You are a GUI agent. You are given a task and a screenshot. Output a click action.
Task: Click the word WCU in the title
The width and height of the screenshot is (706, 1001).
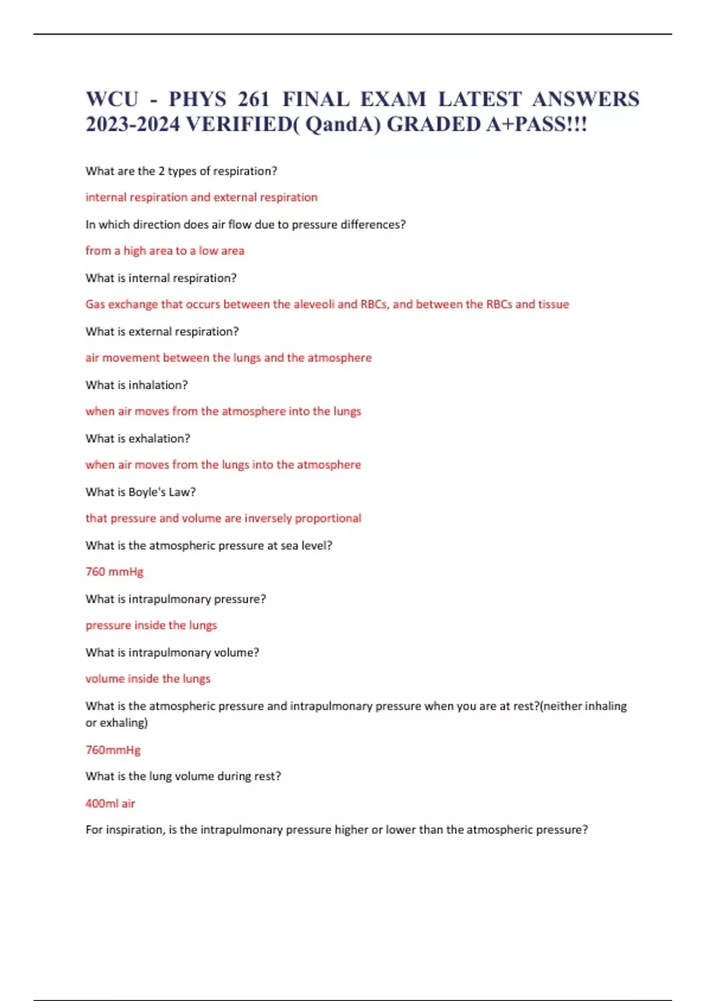(112, 99)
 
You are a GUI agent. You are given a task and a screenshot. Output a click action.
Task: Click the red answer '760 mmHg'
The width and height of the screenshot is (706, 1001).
(114, 572)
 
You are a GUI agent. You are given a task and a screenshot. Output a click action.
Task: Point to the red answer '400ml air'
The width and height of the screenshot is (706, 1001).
(110, 803)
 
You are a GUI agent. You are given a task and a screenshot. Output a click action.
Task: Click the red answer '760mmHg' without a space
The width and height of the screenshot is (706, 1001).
(113, 750)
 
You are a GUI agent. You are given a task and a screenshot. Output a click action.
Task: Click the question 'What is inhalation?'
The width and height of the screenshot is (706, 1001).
(136, 385)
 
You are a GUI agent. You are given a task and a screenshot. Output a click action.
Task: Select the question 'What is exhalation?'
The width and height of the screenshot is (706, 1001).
(138, 439)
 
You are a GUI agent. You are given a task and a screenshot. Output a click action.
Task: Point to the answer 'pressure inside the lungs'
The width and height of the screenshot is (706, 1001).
(151, 625)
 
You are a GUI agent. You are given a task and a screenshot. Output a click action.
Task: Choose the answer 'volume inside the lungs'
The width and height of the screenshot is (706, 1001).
(148, 679)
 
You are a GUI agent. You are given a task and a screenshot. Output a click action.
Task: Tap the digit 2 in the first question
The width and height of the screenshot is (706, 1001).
(161, 171)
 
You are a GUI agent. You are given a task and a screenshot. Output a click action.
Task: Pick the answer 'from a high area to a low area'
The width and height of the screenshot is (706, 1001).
(165, 251)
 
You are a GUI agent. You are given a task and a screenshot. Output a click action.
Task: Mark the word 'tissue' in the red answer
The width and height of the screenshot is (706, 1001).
(553, 304)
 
